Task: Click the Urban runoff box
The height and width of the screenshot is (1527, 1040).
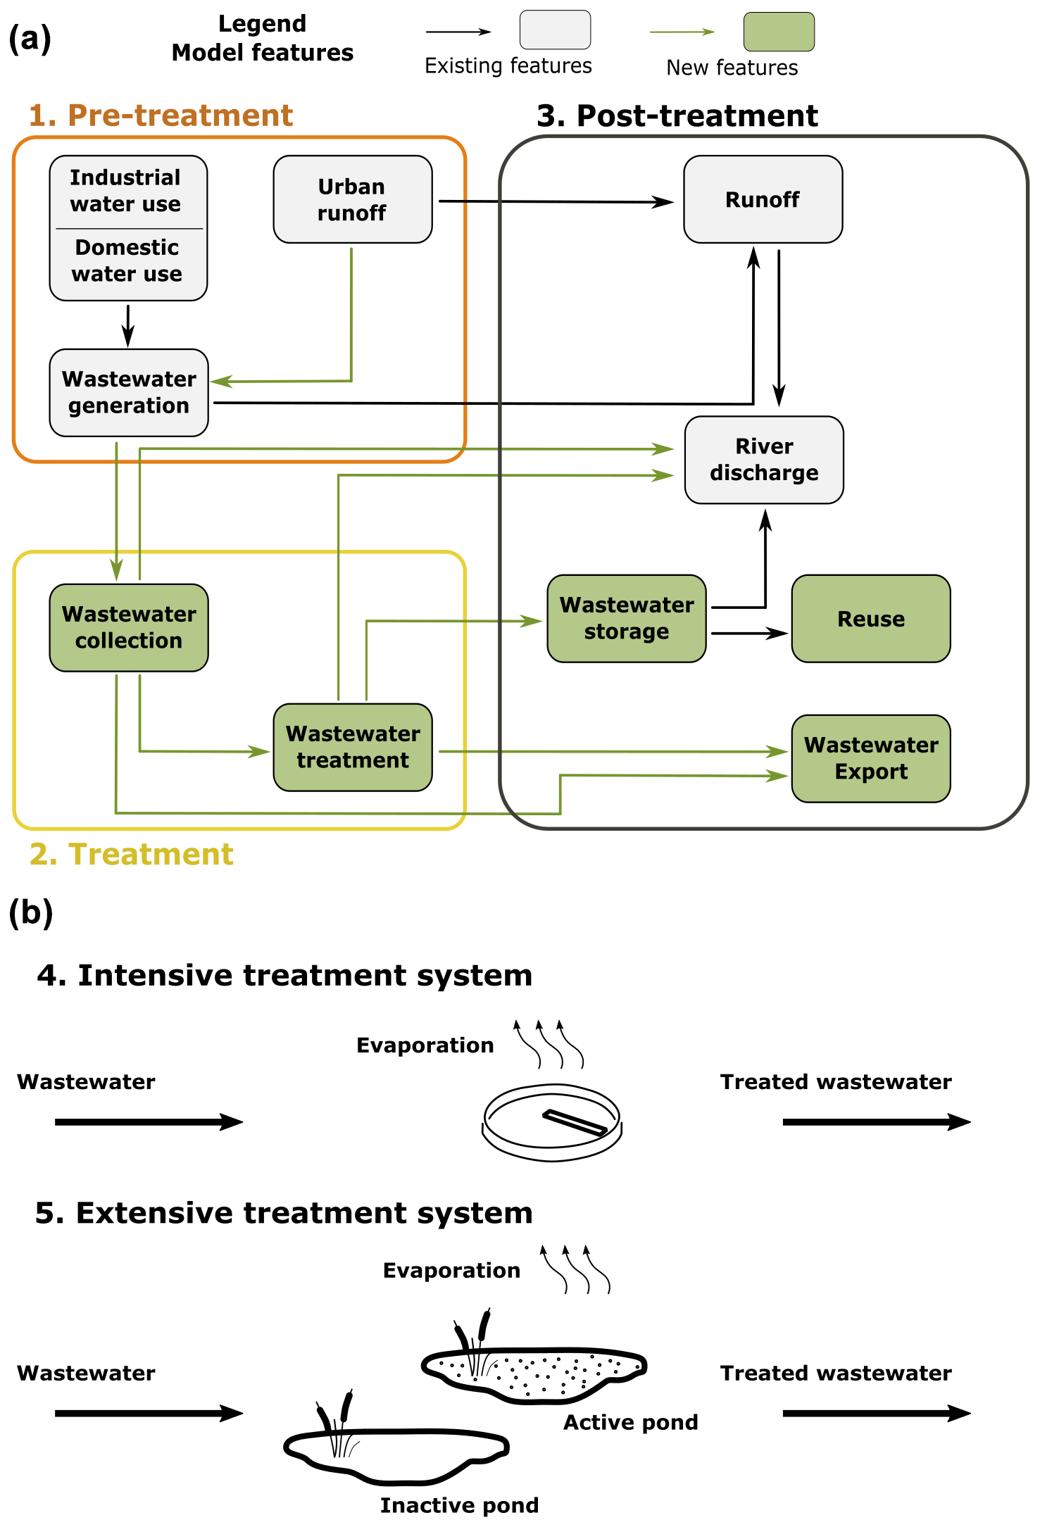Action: (x=352, y=199)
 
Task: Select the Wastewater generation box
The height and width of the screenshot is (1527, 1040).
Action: (x=129, y=392)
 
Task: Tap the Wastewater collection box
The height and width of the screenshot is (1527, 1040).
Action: (x=129, y=627)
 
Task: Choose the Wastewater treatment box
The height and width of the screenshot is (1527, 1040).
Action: (x=353, y=747)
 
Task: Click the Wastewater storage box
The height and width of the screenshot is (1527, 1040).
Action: (x=627, y=618)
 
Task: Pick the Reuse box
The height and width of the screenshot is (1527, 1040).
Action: (x=871, y=619)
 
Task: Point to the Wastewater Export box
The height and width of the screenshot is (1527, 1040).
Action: (x=871, y=758)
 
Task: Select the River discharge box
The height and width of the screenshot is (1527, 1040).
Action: (x=764, y=460)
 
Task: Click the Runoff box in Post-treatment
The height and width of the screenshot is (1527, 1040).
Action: (x=763, y=199)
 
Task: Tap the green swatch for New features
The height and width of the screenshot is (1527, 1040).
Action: (x=779, y=32)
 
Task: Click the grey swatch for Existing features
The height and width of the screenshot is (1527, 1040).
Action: (x=555, y=30)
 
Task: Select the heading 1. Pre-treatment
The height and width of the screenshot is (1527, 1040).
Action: (x=161, y=115)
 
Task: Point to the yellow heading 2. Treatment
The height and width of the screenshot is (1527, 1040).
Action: (x=131, y=854)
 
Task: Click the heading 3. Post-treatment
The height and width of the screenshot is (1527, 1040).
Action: (x=677, y=115)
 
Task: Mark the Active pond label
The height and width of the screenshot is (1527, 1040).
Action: (x=630, y=1422)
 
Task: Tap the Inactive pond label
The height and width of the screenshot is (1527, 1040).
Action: (x=459, y=1505)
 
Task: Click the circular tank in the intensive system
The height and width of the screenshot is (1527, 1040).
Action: (x=552, y=1122)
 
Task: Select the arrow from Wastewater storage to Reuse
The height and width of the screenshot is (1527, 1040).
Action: (x=749, y=634)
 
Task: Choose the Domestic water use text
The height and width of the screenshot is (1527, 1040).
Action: (x=127, y=260)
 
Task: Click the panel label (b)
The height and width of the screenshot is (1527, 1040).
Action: (x=31, y=913)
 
